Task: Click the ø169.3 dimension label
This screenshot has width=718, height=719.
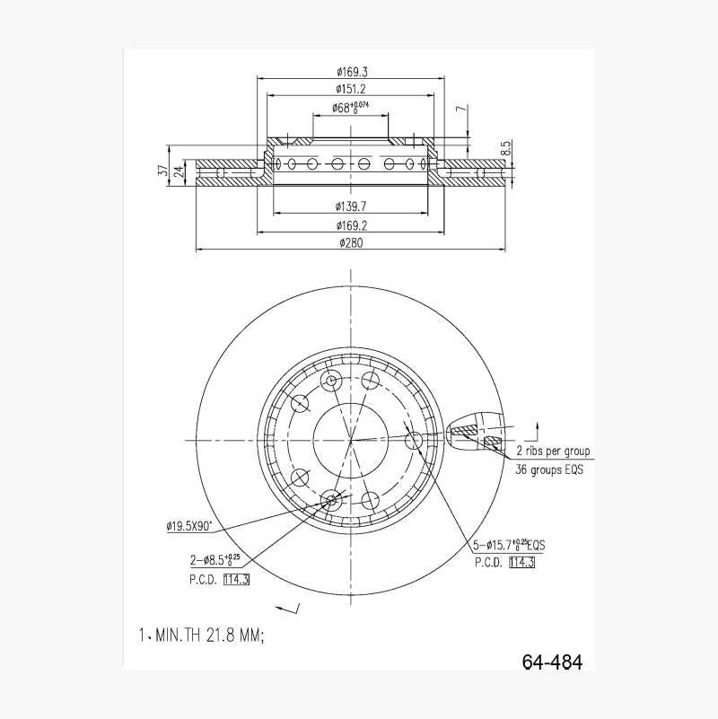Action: [352, 72]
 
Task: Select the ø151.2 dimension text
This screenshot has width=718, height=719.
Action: [351, 89]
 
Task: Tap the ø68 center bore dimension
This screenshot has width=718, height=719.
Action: [351, 108]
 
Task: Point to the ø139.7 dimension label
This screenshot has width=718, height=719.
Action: [351, 206]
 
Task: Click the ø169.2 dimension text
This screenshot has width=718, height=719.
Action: [352, 225]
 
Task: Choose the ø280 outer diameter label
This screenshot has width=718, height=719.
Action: [351, 242]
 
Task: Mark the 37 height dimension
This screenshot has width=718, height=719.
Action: [162, 171]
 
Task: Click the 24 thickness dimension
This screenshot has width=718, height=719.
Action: [179, 172]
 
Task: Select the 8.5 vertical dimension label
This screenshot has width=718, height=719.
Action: [505, 147]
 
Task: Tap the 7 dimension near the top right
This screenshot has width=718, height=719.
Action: [461, 109]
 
